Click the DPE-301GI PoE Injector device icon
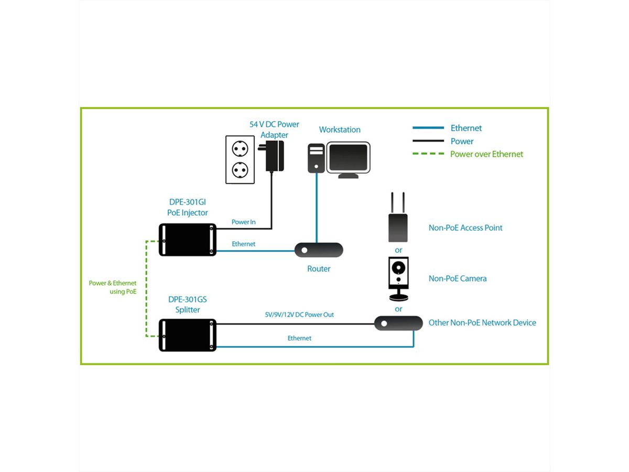(x=188, y=240)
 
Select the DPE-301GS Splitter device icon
(x=188, y=335)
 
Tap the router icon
(x=319, y=250)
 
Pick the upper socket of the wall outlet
(x=240, y=149)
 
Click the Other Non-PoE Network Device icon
(x=398, y=323)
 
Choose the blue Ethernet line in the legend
(x=428, y=128)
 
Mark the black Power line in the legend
(x=428, y=141)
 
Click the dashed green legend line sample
(x=428, y=154)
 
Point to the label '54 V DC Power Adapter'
(x=274, y=130)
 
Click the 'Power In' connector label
(x=244, y=222)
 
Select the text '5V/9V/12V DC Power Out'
(x=299, y=315)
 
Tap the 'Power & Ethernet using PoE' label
(x=113, y=287)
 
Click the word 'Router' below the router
(x=319, y=269)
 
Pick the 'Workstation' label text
(x=340, y=130)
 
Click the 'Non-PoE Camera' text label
(x=458, y=278)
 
